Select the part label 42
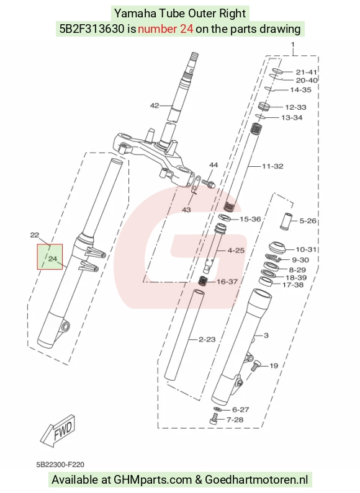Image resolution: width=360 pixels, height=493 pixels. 155,105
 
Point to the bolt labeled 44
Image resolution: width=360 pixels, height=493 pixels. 208,182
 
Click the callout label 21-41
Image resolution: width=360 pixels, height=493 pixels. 306,73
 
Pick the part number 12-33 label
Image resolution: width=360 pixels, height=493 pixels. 295,107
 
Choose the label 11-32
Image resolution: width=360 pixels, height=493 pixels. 272,166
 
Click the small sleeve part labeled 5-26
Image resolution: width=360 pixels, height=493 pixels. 286,221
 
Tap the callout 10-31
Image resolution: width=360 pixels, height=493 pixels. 306,249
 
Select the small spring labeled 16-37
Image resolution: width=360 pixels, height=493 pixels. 203,280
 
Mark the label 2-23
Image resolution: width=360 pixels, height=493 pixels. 207,339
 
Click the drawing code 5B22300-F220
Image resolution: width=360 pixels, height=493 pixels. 60,464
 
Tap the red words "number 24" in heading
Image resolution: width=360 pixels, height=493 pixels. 166,29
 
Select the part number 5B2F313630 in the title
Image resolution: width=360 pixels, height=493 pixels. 92,29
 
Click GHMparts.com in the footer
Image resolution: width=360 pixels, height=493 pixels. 153,480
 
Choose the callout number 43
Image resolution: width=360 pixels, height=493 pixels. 187,210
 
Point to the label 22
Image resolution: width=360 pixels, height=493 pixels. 35,235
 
